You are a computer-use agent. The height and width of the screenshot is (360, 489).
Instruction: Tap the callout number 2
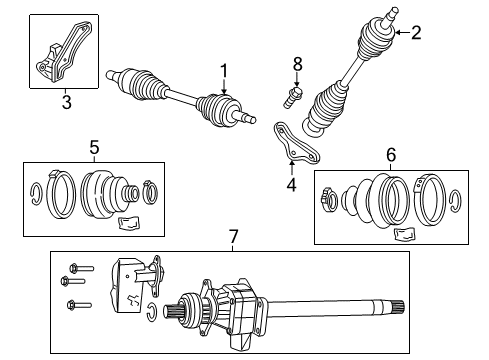415,32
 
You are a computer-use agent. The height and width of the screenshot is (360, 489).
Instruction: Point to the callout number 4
291,185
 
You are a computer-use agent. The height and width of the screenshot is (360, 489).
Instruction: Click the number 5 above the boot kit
94,148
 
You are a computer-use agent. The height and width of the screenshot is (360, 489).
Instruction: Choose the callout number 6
391,156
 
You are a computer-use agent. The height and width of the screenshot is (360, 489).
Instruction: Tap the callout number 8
296,65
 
